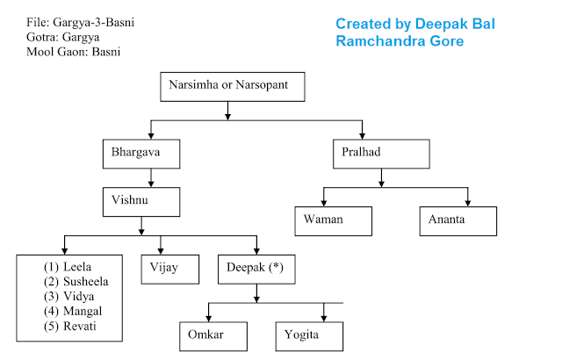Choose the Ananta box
pyautogui.click(x=458, y=220)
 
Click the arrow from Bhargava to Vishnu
pyautogui.click(x=151, y=177)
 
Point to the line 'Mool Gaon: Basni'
pyautogui.click(x=74, y=52)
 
